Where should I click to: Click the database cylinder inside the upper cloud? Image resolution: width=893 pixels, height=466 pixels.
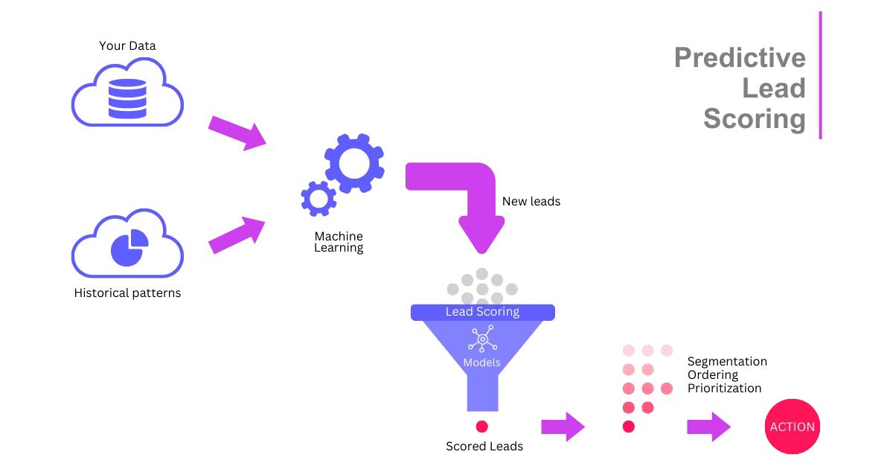(x=127, y=98)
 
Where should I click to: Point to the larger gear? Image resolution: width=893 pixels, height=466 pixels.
(x=353, y=164)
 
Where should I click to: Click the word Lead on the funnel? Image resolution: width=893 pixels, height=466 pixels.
(x=458, y=311)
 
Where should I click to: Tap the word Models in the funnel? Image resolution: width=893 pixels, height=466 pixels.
(x=481, y=363)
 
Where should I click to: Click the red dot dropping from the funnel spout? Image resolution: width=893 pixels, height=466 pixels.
(x=481, y=427)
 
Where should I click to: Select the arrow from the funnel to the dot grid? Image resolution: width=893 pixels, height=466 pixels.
(x=563, y=426)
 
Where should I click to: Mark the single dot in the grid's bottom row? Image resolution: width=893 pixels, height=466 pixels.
(x=629, y=427)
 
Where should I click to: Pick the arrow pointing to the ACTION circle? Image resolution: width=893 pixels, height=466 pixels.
(x=708, y=426)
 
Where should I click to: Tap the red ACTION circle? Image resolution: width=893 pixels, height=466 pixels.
(x=792, y=427)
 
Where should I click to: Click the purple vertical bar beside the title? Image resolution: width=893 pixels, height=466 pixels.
(x=821, y=74)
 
